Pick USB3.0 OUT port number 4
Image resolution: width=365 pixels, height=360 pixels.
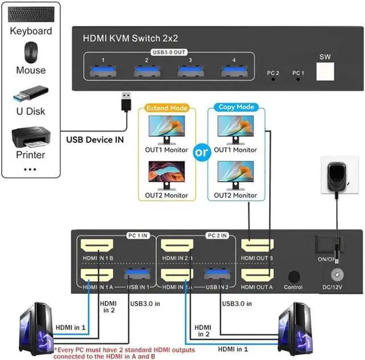232,71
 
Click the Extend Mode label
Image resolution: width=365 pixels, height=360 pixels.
167,107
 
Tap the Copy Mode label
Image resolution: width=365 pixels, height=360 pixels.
236,107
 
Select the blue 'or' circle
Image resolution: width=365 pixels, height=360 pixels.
202,152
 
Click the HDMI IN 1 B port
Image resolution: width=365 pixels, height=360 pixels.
98,247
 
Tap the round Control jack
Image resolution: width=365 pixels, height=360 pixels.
294,276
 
